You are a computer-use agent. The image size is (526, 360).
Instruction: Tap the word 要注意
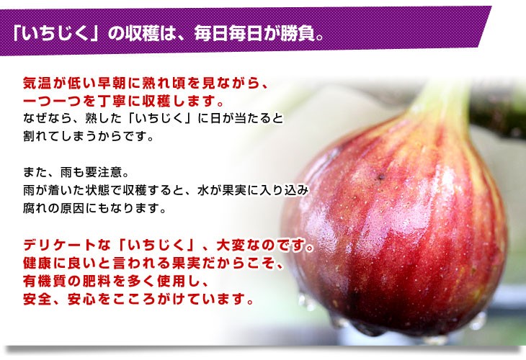[x=102, y=172]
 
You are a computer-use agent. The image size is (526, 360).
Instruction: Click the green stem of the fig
[x=440, y=101]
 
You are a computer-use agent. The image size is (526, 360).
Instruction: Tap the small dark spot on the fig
[x=380, y=176]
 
